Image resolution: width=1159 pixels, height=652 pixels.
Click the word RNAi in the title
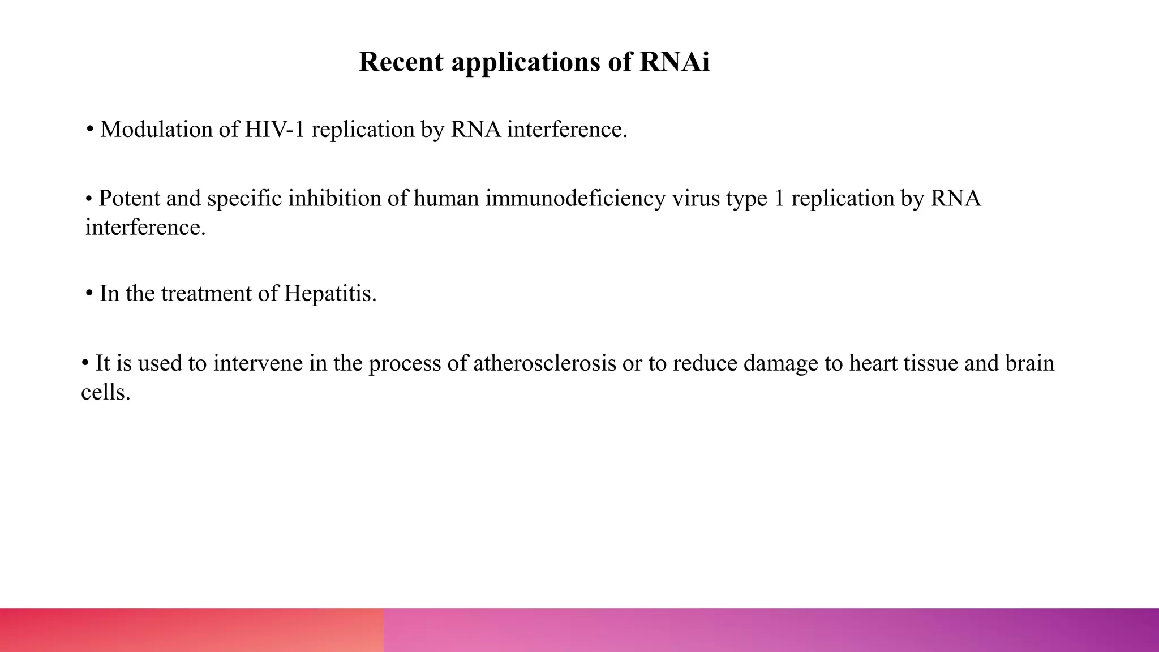(674, 62)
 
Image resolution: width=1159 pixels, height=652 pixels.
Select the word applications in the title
(526, 63)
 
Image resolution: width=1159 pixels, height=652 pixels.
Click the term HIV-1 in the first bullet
(275, 130)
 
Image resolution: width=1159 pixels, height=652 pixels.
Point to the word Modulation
(156, 130)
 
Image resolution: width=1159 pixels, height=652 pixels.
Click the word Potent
(129, 199)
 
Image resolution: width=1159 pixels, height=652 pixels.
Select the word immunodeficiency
(575, 199)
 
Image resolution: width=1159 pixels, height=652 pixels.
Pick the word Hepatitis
(330, 294)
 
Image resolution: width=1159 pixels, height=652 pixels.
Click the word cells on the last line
(105, 392)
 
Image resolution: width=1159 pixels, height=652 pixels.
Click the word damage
(780, 363)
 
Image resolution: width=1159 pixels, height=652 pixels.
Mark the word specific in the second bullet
(244, 199)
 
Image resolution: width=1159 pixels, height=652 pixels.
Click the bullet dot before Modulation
(90, 130)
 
